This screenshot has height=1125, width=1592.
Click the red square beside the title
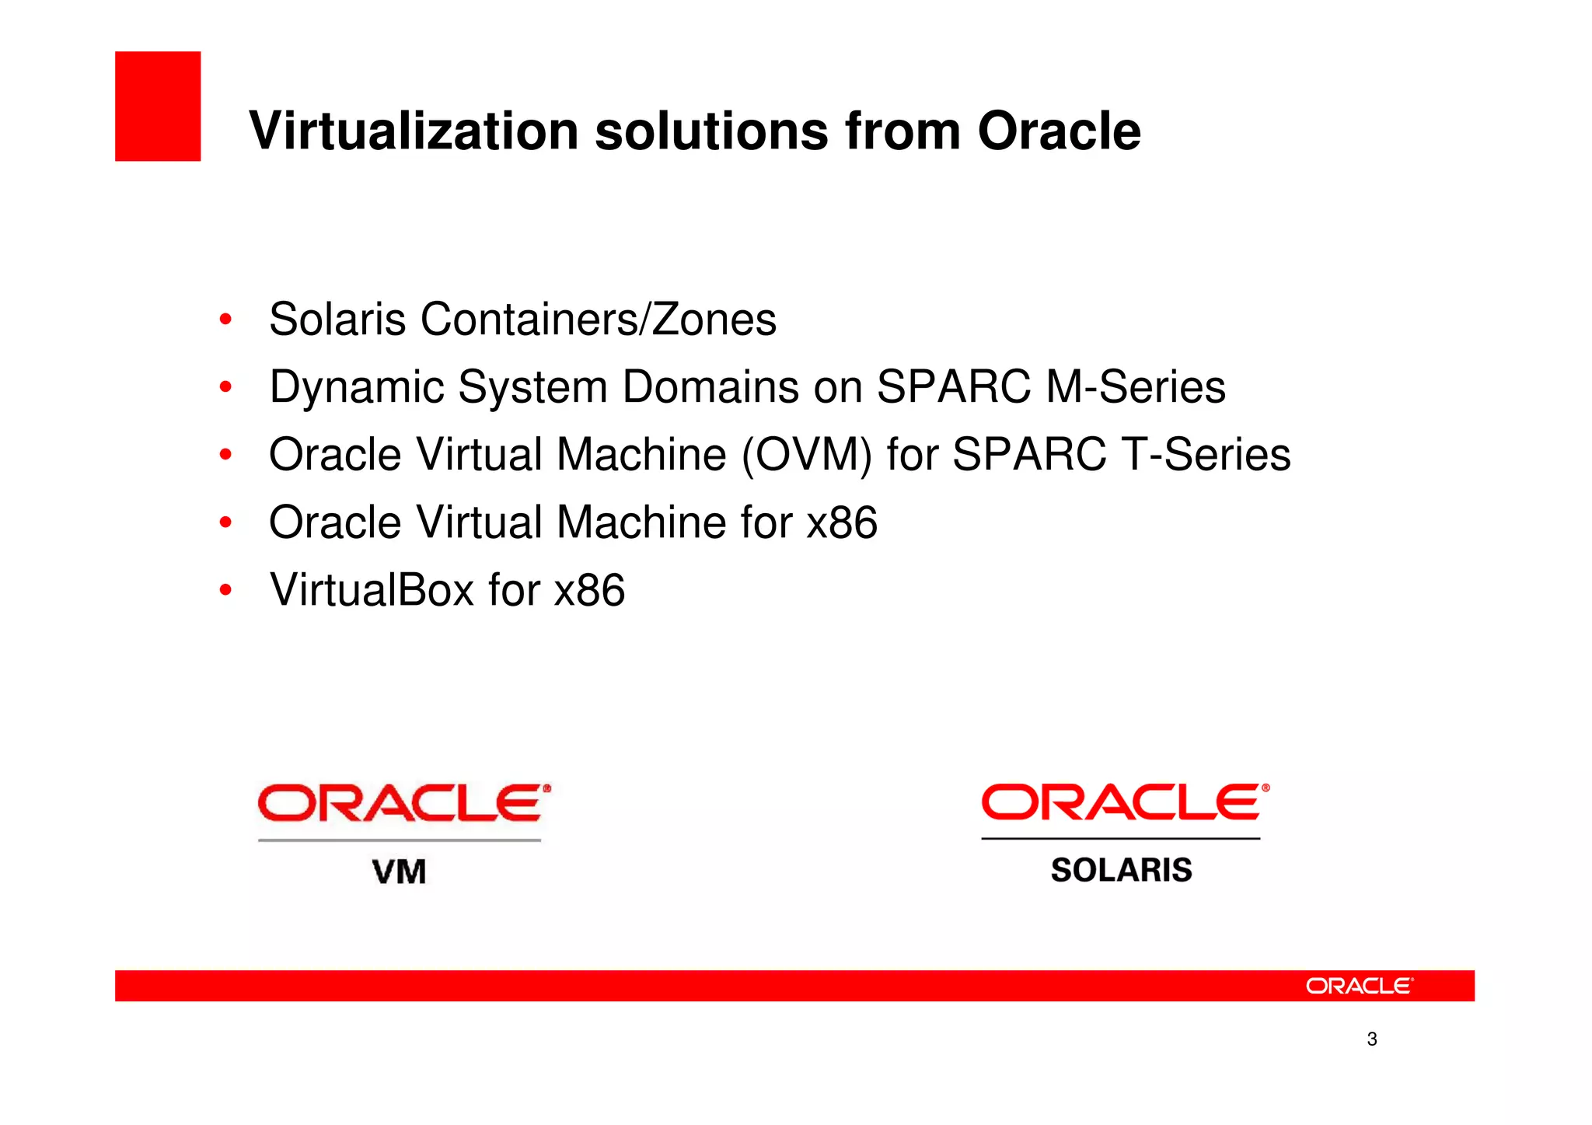pyautogui.click(x=158, y=107)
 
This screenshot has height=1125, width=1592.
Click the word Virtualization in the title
pyautogui.click(x=414, y=131)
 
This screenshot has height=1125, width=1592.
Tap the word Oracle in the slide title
pyautogui.click(x=1059, y=131)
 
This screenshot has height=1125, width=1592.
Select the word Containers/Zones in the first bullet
pyautogui.click(x=599, y=319)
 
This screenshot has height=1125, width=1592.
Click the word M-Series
pyautogui.click(x=1136, y=386)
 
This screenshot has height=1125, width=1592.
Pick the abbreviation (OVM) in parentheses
pyautogui.click(x=807, y=455)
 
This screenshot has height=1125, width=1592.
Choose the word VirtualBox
pyautogui.click(x=372, y=589)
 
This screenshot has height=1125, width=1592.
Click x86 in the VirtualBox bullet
pyautogui.click(x=589, y=589)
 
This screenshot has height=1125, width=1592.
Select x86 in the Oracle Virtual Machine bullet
pyautogui.click(x=842, y=522)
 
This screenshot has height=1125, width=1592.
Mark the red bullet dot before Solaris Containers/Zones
pyautogui.click(x=225, y=320)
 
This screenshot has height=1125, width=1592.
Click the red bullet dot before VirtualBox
pyautogui.click(x=225, y=590)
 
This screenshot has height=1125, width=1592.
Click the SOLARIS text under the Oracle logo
pyautogui.click(x=1121, y=870)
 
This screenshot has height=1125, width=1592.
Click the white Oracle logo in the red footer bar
pyautogui.click(x=1359, y=986)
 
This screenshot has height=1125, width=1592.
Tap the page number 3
pyautogui.click(x=1372, y=1039)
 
